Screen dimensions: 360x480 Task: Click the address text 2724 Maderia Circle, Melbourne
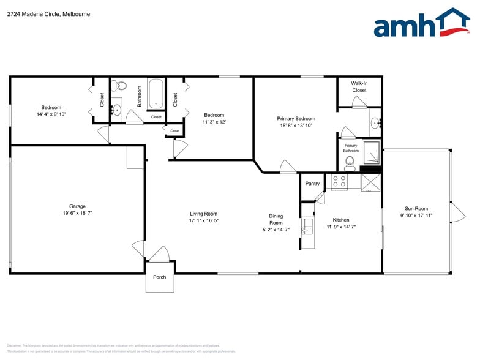tap(49, 13)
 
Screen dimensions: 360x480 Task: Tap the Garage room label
tap(77, 206)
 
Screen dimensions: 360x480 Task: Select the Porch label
tap(159, 277)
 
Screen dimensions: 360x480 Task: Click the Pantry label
tap(312, 184)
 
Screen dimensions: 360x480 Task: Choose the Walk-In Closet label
tap(359, 86)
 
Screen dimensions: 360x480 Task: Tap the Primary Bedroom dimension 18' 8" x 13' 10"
tap(296, 126)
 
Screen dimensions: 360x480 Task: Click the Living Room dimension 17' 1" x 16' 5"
tap(204, 220)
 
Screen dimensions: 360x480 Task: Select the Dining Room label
tap(276, 219)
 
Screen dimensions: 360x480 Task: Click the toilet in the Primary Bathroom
tap(350, 162)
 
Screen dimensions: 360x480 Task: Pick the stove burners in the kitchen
tap(338, 181)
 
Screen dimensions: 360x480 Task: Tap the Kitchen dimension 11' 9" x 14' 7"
tap(341, 227)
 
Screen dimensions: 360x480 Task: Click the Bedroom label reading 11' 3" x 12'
tap(214, 118)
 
